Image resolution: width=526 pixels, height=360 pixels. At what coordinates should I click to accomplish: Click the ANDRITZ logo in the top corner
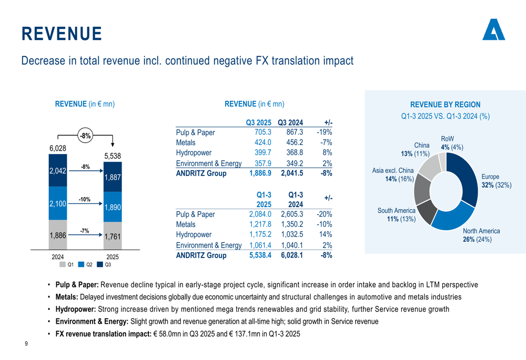click(493, 30)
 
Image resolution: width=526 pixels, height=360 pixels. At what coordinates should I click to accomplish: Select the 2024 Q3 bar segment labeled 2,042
click(58, 171)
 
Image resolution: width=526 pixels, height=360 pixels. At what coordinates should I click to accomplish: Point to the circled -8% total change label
click(85, 136)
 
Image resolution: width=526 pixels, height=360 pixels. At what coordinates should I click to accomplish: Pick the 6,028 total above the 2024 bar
click(58, 149)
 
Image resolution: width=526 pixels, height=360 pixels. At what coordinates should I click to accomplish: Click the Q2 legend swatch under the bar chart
click(82, 264)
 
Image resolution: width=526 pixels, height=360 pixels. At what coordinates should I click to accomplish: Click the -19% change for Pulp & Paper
click(324, 132)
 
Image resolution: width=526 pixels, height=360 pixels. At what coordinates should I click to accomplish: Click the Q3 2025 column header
click(258, 122)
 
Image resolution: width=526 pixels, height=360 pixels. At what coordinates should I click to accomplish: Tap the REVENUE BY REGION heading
click(445, 105)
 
